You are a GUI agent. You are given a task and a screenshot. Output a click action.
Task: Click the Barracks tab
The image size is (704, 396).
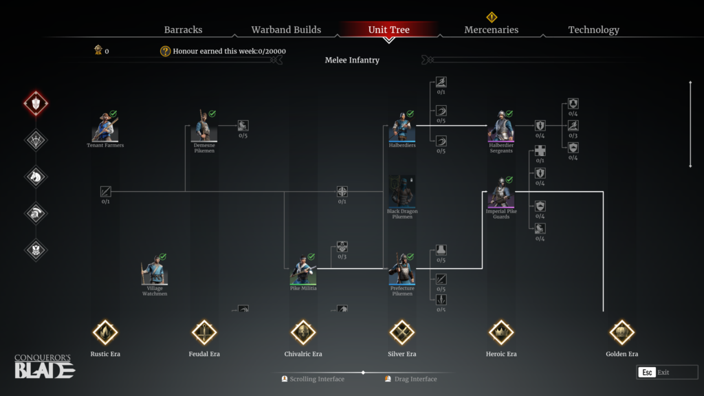pos(183,30)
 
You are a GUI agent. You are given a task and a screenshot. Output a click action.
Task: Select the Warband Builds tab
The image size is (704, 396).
pos(286,30)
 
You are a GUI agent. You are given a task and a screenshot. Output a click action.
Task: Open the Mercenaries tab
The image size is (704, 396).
pos(491,30)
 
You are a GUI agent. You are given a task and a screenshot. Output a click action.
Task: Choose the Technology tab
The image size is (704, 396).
pos(593,30)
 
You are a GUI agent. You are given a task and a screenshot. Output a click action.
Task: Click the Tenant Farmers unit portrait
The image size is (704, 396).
pos(105,128)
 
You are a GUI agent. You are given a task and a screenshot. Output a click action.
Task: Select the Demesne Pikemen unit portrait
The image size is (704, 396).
pos(204,128)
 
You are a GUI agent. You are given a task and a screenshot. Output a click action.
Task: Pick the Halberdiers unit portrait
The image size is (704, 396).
pos(402,128)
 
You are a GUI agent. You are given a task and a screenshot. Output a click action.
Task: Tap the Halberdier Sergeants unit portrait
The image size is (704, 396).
pos(501,128)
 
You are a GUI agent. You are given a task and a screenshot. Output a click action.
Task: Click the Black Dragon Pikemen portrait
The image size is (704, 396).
pos(402,192)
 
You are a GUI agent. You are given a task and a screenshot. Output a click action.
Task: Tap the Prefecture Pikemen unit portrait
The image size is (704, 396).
pos(402,271)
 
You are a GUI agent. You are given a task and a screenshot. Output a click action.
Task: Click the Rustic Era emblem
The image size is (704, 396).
pos(105,332)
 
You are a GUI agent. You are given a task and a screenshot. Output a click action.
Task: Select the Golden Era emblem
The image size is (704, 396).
pos(621,332)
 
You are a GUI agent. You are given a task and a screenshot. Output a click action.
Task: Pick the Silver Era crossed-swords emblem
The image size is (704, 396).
pos(401,332)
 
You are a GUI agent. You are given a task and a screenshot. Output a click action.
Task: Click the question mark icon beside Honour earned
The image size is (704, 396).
pos(165,51)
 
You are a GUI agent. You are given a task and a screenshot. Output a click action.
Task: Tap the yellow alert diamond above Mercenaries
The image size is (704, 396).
pos(492,17)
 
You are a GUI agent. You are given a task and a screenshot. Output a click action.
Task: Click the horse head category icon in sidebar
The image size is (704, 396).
pos(36,177)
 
